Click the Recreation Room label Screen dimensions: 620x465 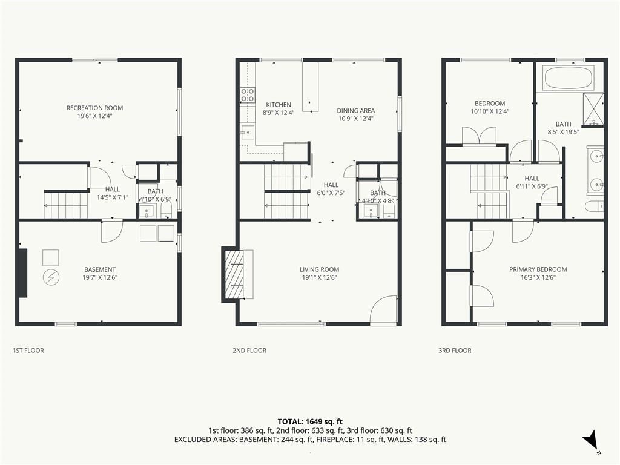(94, 108)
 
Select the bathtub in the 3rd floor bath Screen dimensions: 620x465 (569, 77)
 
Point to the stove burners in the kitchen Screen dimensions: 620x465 (248, 95)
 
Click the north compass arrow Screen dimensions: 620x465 (590, 440)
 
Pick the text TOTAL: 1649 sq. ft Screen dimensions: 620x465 (310, 421)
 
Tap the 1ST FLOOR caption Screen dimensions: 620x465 (28, 351)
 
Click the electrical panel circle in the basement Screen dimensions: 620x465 (51, 277)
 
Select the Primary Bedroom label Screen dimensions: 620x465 (538, 269)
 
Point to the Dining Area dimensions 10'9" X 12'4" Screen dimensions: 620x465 (356, 119)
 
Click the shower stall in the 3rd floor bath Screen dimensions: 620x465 (594, 109)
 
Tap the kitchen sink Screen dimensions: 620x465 (248, 131)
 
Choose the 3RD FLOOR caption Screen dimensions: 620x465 (455, 351)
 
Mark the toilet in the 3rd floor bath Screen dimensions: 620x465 (595, 206)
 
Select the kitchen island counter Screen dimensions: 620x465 (311, 87)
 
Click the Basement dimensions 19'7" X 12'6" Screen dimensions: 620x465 (100, 277)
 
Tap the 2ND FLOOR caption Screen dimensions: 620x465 (249, 351)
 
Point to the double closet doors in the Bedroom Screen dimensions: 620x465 (480, 136)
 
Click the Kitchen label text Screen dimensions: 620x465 (279, 104)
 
